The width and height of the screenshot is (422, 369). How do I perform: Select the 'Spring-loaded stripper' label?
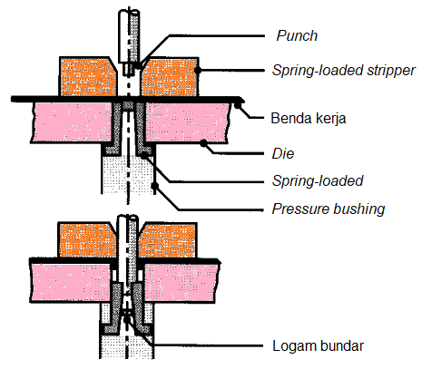tap(344, 70)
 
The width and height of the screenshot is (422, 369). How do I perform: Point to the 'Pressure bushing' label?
tap(329, 209)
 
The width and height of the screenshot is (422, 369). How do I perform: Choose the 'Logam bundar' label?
tap(311, 345)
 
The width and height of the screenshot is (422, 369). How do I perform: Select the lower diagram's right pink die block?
tap(186, 282)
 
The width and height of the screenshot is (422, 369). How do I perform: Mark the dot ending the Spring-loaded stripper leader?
tap(200, 70)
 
